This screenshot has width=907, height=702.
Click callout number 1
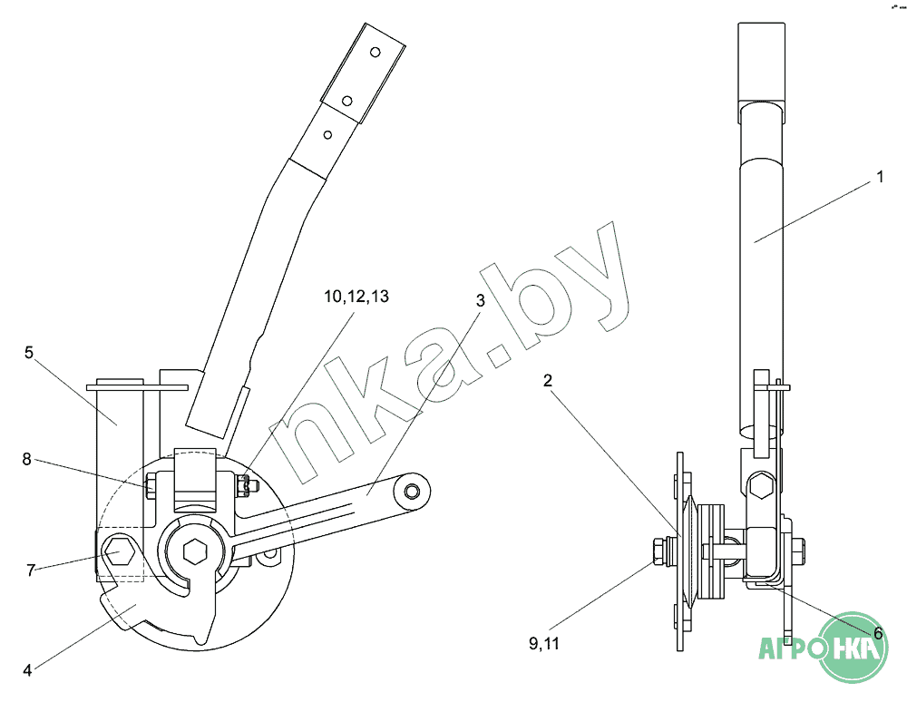point(880,177)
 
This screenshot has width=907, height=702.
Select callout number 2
point(547,381)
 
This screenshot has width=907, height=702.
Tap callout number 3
point(480,301)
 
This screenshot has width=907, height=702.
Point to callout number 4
point(27,670)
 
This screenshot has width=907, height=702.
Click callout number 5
point(29,352)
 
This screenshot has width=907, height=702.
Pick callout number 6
point(878,634)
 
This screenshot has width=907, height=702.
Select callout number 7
point(31,570)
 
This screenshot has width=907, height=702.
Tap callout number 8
point(26,459)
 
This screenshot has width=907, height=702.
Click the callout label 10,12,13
point(356,297)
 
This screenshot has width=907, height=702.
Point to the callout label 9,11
point(544,644)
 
